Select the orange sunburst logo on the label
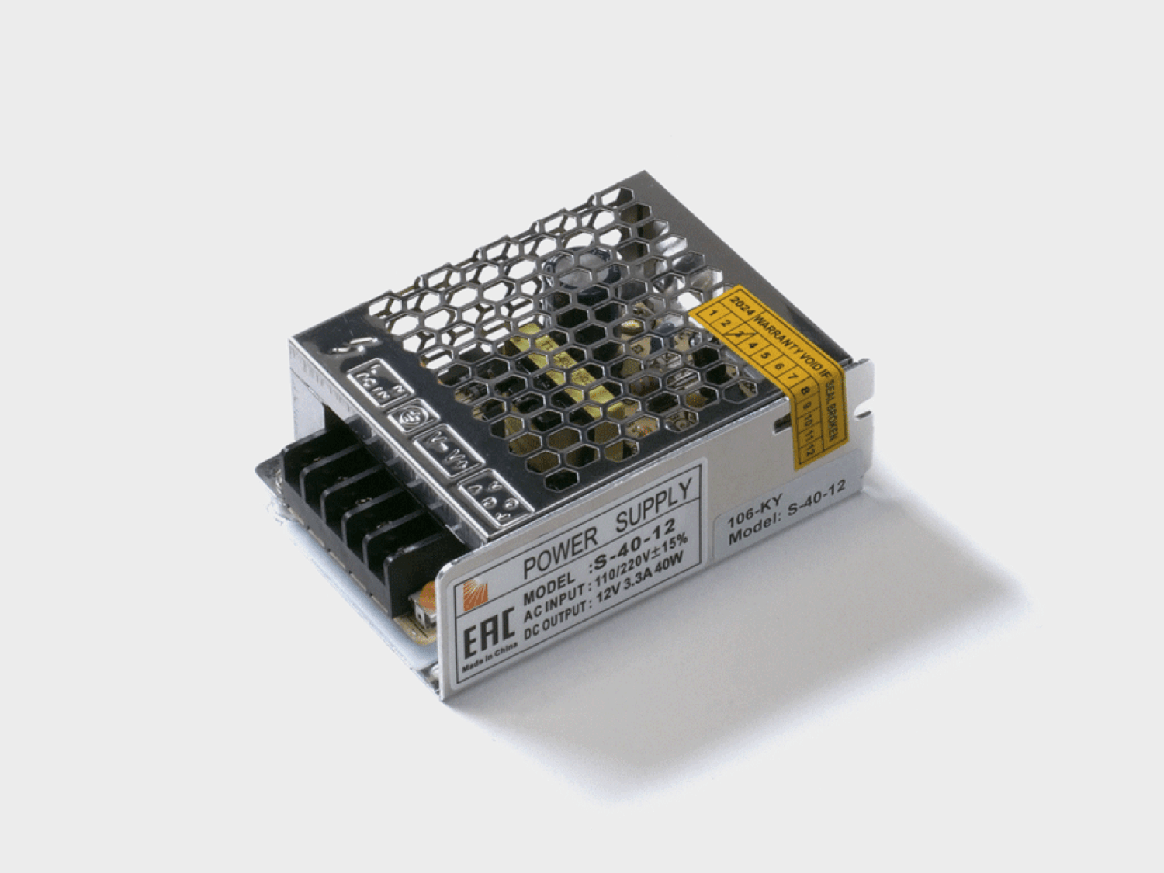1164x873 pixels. [x=473, y=596]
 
